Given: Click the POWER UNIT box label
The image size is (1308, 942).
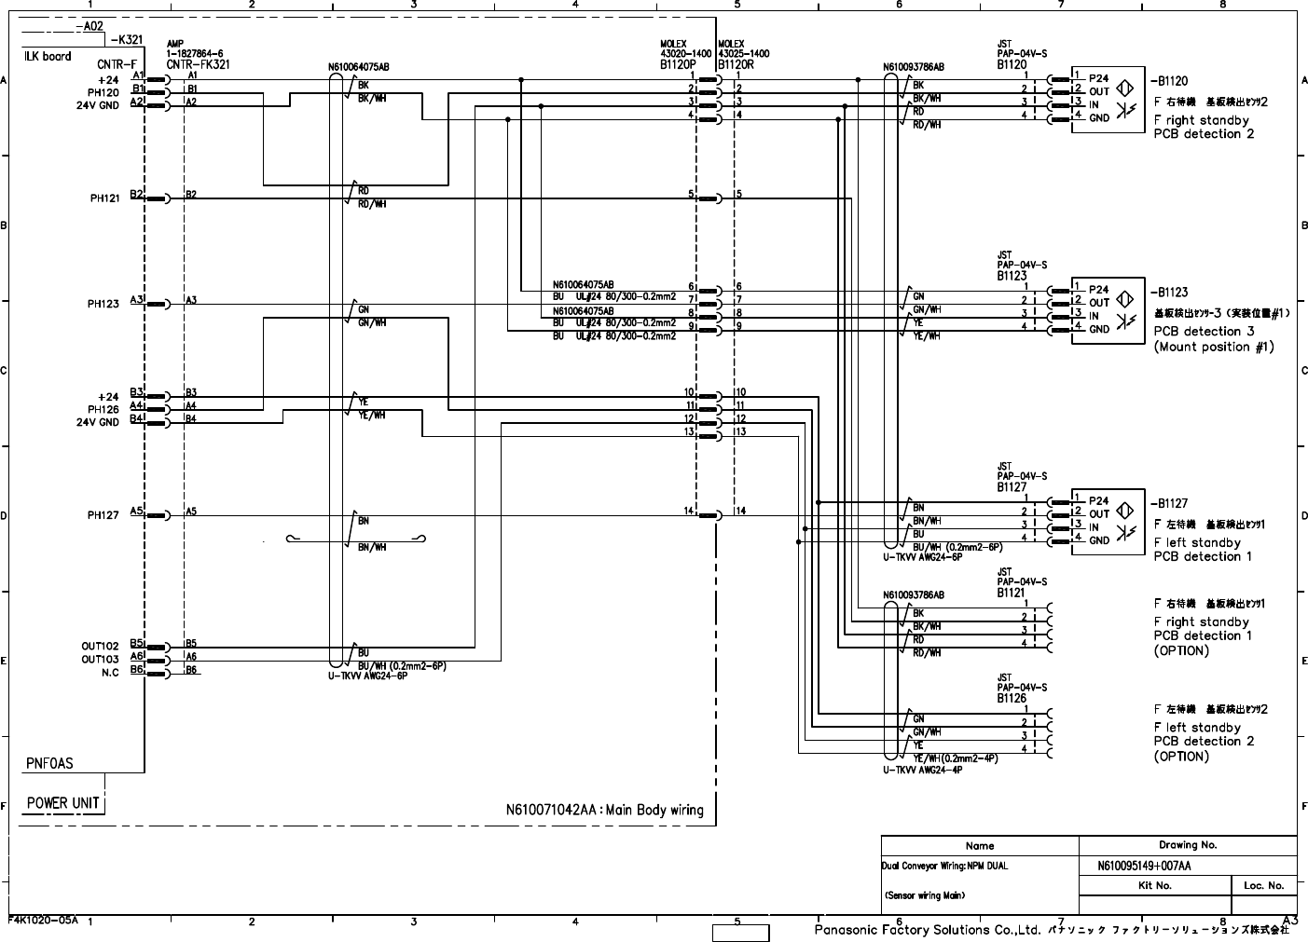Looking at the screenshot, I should point(62,803).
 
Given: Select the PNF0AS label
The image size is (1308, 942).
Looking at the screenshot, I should point(49,763).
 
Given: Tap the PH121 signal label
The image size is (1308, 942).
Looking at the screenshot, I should point(104,198).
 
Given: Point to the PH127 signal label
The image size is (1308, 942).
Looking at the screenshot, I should point(104,515).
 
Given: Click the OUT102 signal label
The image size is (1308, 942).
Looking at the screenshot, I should point(100,646).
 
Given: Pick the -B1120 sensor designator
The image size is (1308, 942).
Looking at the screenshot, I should point(1170,82).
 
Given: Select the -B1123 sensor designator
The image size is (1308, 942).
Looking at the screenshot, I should point(1170,293).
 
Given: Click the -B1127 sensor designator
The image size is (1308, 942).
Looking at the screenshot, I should point(1170,504).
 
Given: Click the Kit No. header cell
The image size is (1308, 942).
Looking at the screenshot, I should point(1155,885).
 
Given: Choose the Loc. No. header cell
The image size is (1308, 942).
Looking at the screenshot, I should point(1263,885).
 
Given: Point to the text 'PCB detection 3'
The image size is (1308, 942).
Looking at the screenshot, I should point(1204,332).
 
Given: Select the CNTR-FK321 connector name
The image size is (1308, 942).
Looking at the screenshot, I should point(198,65).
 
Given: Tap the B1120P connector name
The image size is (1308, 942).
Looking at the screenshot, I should point(678,65).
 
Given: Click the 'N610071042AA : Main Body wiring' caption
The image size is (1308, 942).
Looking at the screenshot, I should point(610,810).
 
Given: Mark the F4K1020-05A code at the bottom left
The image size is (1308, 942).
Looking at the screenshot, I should point(43,919).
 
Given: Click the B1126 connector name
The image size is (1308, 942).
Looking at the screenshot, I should point(1012,698).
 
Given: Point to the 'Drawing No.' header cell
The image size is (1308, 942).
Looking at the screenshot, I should point(1188,845).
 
